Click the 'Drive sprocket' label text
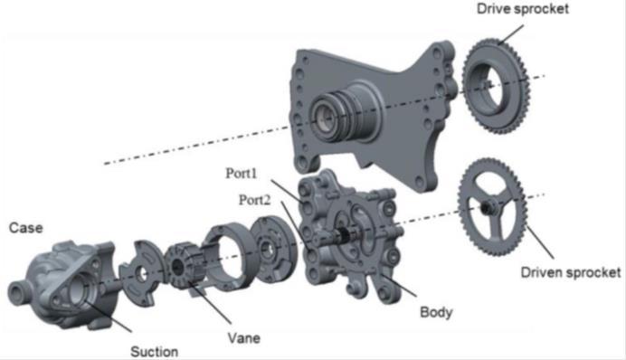pyautogui.click(x=522, y=9)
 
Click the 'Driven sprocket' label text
pyautogui.click(x=570, y=271)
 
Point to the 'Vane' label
pyautogui.click(x=244, y=338)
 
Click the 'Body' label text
pyautogui.click(x=436, y=313)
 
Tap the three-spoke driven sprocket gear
pyautogui.click(x=494, y=207)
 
